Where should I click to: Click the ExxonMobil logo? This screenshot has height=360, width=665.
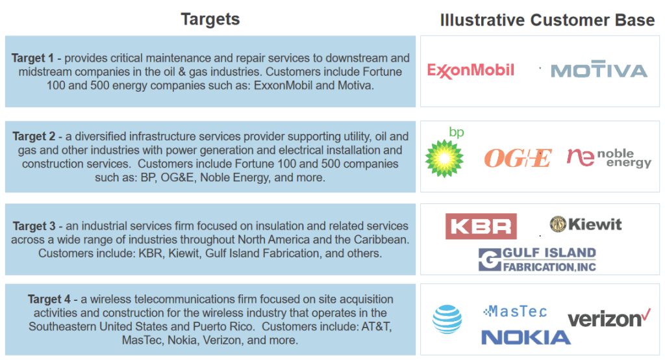[470, 70]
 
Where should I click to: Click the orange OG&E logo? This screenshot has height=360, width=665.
[518, 158]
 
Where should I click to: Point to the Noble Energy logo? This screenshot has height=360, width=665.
[609, 157]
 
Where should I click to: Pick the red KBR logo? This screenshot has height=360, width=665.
[481, 226]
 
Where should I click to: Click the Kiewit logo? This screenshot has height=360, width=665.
[586, 224]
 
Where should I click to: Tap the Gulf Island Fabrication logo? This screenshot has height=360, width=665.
[537, 259]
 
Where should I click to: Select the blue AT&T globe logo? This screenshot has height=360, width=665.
[447, 319]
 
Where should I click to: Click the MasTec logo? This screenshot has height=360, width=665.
[515, 312]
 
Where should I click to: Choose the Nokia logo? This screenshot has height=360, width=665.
[526, 337]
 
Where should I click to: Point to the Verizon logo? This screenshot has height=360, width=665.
[609, 318]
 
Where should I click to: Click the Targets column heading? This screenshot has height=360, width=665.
[210, 19]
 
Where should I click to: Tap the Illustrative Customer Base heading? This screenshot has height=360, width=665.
[547, 20]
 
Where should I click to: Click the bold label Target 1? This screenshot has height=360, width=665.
[32, 58]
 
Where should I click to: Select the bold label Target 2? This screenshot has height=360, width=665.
[34, 136]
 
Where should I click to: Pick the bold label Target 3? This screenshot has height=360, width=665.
[34, 226]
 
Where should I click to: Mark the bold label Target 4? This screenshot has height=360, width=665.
[49, 300]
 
